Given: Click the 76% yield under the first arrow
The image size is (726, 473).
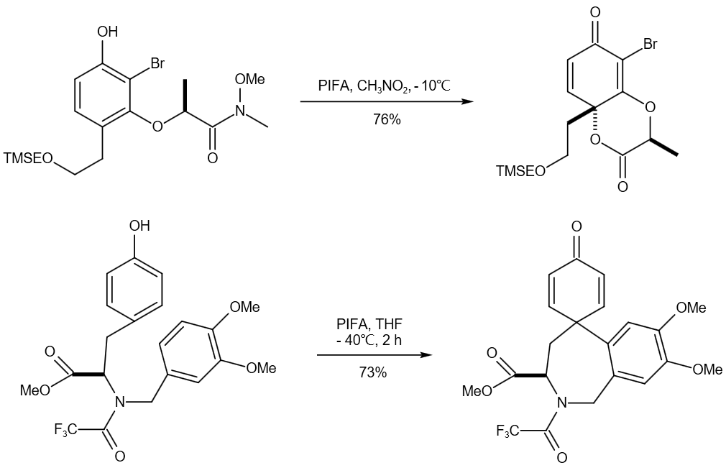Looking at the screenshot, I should (x=387, y=119).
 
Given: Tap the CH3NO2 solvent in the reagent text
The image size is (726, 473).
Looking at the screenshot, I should (x=385, y=86).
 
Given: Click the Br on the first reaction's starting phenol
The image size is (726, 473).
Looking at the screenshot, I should (x=156, y=64).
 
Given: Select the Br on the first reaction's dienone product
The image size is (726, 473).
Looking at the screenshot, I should (x=650, y=45).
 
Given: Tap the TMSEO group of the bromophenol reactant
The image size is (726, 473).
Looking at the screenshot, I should (x=28, y=157).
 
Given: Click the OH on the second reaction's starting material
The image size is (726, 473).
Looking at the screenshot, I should (x=139, y=226).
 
